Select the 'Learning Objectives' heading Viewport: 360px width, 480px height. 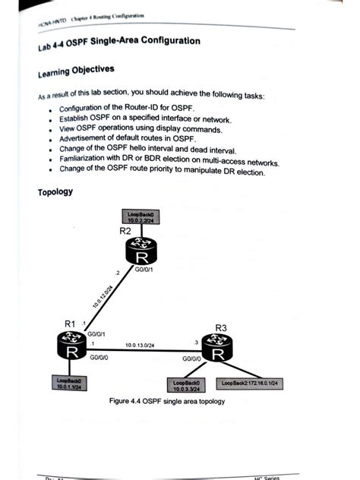point(76,72)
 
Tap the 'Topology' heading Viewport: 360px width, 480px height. point(55,191)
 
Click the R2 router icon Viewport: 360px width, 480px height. point(141,251)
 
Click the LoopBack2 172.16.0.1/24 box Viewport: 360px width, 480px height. point(251,384)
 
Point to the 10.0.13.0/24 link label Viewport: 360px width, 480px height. point(142,345)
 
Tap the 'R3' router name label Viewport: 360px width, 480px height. point(221,328)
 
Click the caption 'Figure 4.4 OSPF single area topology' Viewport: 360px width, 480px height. point(167,401)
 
